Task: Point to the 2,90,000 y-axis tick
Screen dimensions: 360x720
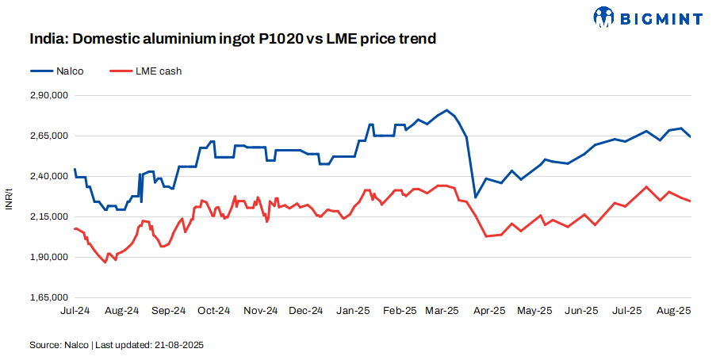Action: click(49, 95)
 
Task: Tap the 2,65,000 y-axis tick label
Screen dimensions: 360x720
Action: click(49, 136)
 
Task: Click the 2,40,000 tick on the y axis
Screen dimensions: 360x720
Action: click(49, 176)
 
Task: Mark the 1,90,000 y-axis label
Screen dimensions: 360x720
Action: click(49, 257)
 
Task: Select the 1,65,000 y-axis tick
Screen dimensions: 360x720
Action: click(49, 297)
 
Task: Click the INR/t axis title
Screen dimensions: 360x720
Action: click(10, 197)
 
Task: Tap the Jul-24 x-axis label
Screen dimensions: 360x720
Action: click(75, 311)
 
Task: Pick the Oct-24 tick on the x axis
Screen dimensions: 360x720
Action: click(213, 311)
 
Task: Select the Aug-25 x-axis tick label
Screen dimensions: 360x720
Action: click(673, 311)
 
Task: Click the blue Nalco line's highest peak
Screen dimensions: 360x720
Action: click(447, 110)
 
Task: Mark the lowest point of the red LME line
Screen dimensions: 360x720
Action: click(105, 262)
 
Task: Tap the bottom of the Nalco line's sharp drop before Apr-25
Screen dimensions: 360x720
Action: click(475, 197)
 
